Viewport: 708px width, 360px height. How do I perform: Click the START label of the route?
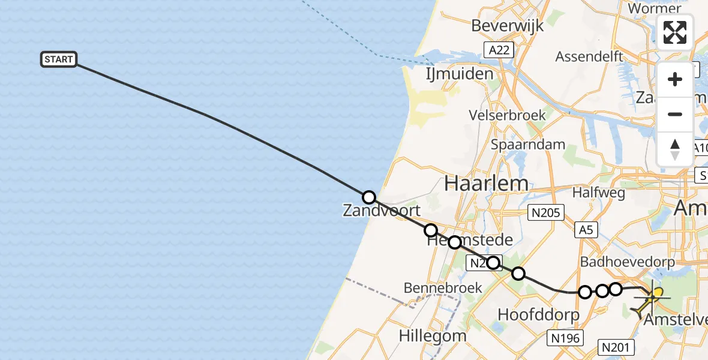pyautogui.click(x=59, y=59)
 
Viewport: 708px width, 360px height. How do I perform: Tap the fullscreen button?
pyautogui.click(x=675, y=32)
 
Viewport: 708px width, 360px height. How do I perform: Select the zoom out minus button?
pyautogui.click(x=675, y=114)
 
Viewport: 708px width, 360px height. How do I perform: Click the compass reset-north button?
pyautogui.click(x=675, y=149)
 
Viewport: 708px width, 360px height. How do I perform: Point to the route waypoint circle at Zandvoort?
pyautogui.click(x=369, y=197)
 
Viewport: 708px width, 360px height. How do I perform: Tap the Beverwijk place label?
pyautogui.click(x=507, y=26)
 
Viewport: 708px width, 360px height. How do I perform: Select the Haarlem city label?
pyautogui.click(x=486, y=184)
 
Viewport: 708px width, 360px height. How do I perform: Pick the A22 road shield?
pyautogui.click(x=499, y=50)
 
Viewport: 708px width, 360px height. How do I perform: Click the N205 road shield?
pyautogui.click(x=545, y=212)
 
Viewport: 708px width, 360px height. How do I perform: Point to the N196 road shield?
pyautogui.click(x=565, y=338)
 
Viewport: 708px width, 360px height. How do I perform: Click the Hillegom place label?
pyautogui.click(x=432, y=335)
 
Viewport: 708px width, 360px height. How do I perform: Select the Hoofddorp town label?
pyautogui.click(x=539, y=314)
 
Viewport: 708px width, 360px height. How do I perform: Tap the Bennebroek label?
pyautogui.click(x=443, y=287)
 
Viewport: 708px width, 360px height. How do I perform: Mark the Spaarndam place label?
pyautogui.click(x=528, y=144)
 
